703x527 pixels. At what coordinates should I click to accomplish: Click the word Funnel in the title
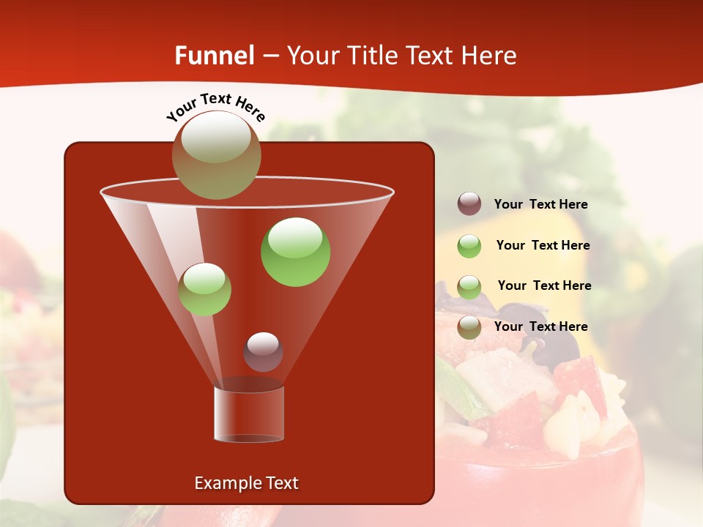coord(214,56)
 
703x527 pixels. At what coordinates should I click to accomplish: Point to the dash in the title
coord(269,56)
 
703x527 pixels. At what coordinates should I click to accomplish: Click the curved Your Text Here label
coord(215,105)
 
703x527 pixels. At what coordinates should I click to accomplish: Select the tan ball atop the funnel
coord(216,154)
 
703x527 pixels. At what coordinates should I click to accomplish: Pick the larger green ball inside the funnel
coord(295,251)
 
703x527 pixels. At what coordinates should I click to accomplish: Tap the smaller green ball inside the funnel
coord(204,289)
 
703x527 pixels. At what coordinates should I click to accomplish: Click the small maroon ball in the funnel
coord(263,352)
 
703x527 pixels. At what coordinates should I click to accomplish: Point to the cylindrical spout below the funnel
coord(249,414)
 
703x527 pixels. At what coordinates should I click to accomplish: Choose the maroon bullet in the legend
coord(469,204)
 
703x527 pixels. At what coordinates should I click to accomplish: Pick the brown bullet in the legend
coord(469,327)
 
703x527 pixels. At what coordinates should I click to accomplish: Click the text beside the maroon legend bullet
coord(540,205)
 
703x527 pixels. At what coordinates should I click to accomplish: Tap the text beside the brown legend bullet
coord(540,326)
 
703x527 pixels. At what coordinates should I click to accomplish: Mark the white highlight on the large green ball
coord(295,237)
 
